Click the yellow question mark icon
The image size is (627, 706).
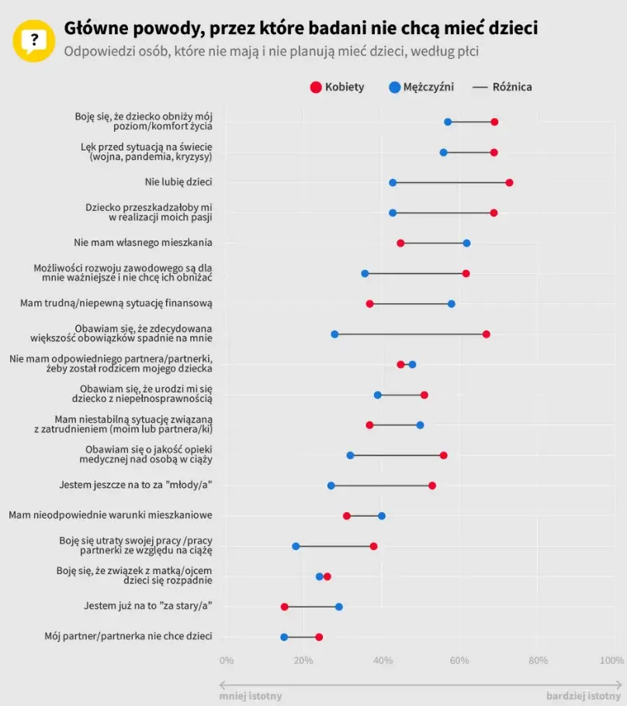pyautogui.click(x=33, y=40)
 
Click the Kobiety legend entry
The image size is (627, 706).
pyautogui.click(x=337, y=87)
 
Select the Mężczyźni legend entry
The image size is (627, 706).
pyautogui.click(x=422, y=87)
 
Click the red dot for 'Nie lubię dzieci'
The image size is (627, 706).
pyautogui.click(x=509, y=182)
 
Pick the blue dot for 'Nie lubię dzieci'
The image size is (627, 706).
pyautogui.click(x=393, y=182)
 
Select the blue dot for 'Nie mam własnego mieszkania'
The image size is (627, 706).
pyautogui.click(x=466, y=243)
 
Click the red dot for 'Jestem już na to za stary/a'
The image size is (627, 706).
pyautogui.click(x=284, y=607)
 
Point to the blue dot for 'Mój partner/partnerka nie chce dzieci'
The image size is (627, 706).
pyautogui.click(x=284, y=637)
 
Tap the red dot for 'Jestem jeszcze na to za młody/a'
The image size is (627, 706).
pyautogui.click(x=432, y=486)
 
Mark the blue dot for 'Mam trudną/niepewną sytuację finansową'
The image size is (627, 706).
pyautogui.click(x=451, y=303)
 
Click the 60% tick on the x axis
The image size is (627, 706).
pyautogui.click(x=459, y=661)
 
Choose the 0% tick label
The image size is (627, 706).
pyautogui.click(x=226, y=661)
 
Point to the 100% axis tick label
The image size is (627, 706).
pyautogui.click(x=611, y=661)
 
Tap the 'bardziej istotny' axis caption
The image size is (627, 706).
pyautogui.click(x=584, y=696)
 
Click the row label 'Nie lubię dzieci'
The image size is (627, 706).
pyautogui.click(x=178, y=182)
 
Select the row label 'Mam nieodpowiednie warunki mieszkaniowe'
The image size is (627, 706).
pyautogui.click(x=111, y=515)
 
